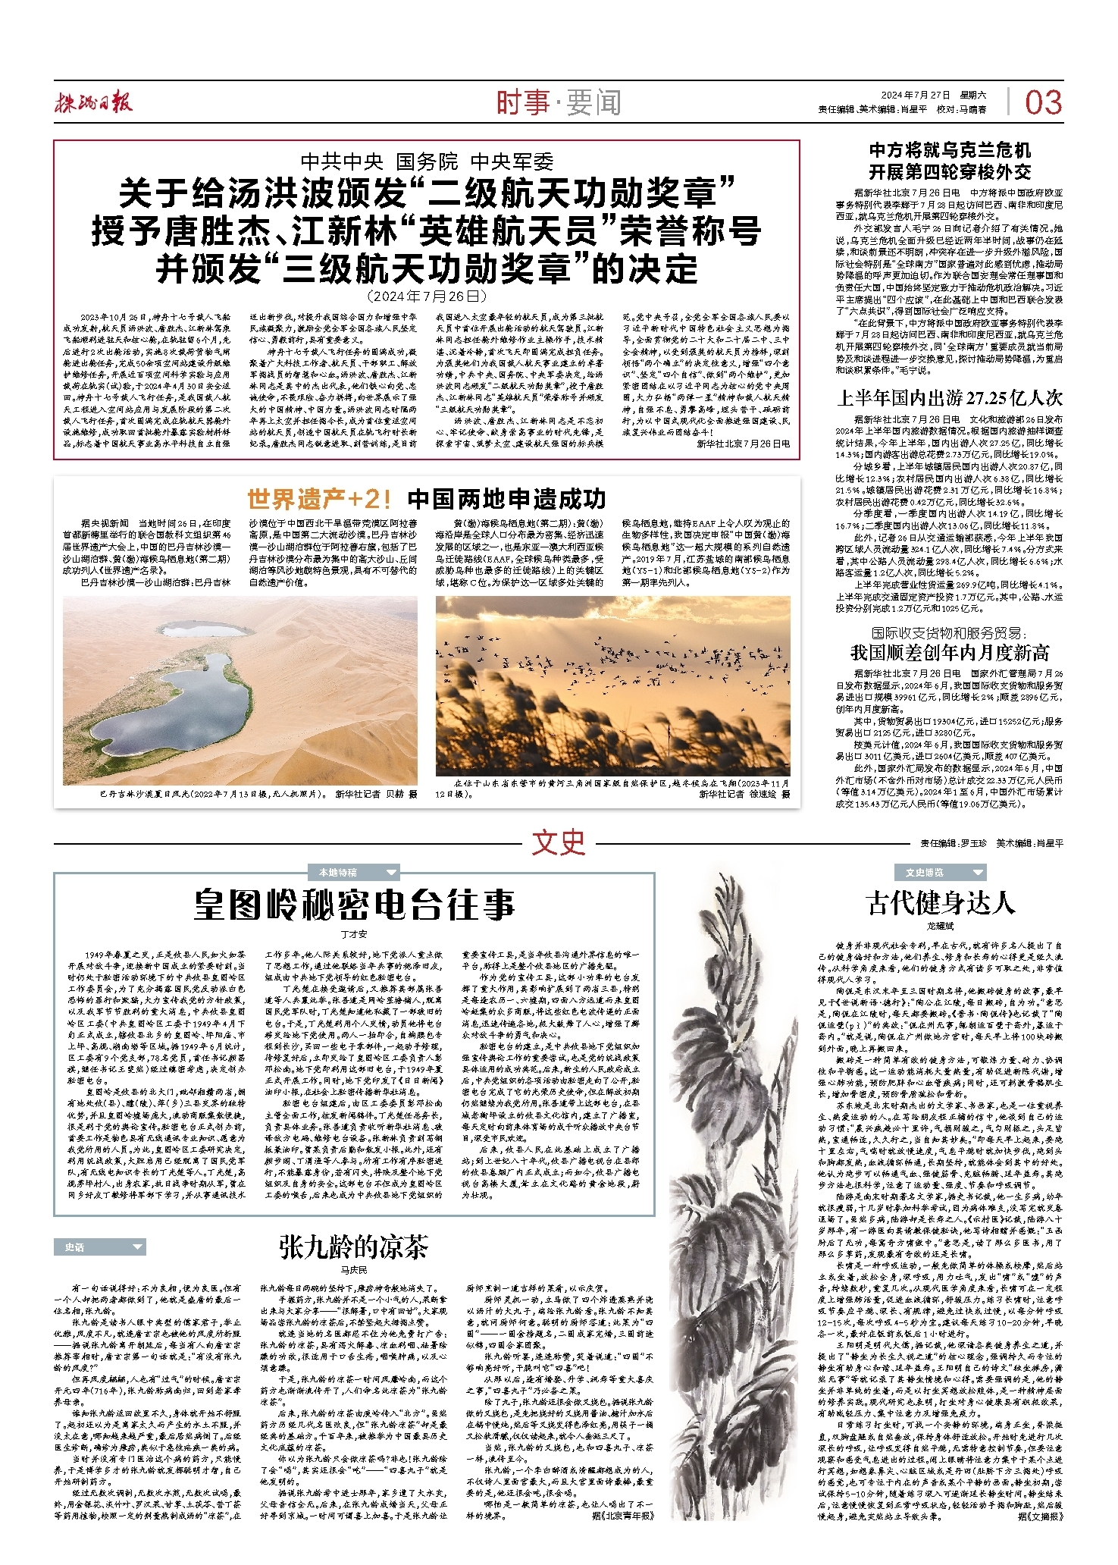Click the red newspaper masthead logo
point(93,103)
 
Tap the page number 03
point(1043,103)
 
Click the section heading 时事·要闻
point(559,102)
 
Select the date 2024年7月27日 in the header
point(915,95)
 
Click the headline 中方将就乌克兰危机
point(949,150)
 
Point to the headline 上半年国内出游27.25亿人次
point(949,398)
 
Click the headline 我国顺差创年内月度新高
point(949,653)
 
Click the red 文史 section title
point(559,842)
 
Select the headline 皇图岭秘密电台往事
point(354,905)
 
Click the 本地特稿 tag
point(338,873)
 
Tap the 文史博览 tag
point(925,873)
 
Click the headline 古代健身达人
point(940,902)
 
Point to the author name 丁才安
point(354,933)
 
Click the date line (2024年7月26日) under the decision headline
point(426,296)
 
